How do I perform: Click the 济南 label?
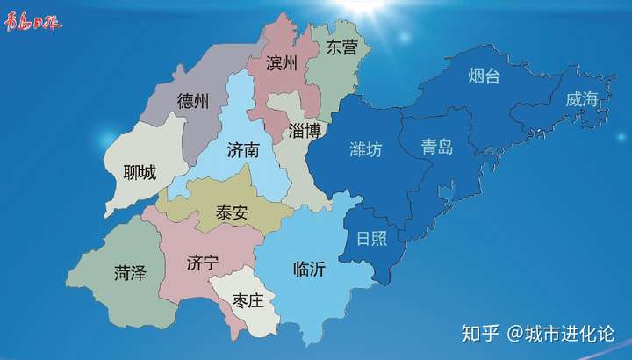243,150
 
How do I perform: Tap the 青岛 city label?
437,147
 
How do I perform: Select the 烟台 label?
484,76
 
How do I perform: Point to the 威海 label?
582,99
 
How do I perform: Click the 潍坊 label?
366,149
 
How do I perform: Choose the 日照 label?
371,238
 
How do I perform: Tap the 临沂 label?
309,270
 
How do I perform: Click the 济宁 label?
203,263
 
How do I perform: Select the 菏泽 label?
130,273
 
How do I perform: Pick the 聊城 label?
140,173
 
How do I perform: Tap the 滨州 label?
282,63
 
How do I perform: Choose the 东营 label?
341,48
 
